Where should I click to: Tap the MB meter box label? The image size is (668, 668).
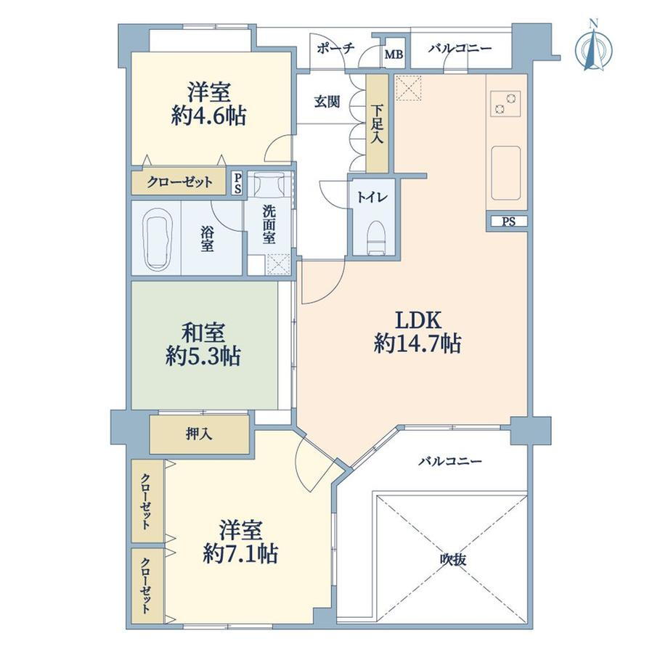394,54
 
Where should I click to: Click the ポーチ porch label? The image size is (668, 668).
335,48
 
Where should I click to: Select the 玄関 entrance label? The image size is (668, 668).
327,102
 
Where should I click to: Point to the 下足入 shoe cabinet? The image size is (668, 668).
378,123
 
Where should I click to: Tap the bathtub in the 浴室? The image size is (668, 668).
156,238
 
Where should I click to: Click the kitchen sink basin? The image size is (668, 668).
506,173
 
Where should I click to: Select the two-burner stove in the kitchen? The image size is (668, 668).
505,103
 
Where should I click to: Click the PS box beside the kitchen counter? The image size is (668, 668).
508,221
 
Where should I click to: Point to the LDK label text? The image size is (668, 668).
418,320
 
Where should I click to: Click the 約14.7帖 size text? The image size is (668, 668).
417,343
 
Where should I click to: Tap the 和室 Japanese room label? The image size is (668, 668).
203,333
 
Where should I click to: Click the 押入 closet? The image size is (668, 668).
200,434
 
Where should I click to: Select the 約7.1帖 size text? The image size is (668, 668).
241,553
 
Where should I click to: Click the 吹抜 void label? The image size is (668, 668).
453,559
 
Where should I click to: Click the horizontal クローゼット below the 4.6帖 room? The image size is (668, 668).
179,182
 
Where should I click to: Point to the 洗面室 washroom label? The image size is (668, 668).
269,224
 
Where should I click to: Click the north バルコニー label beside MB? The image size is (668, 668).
460,48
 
